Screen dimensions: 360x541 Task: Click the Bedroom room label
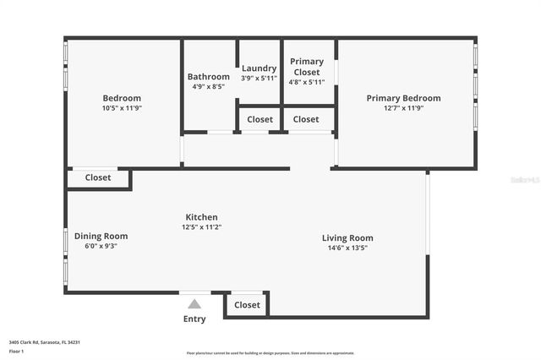(122, 98)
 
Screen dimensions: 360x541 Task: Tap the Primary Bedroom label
(403, 98)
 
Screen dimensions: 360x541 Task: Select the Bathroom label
(208, 77)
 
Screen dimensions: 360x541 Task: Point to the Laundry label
(259, 68)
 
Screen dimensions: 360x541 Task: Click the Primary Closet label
(307, 67)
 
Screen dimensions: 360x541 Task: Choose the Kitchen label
(201, 217)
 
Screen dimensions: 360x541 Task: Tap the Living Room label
(347, 238)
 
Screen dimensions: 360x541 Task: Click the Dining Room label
(101, 236)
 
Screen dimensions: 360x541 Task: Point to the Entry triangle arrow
(194, 304)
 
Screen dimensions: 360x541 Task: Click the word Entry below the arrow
(194, 319)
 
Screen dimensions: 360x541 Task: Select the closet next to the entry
(247, 305)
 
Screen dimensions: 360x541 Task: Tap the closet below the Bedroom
(98, 178)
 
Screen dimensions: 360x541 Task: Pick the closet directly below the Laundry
(260, 120)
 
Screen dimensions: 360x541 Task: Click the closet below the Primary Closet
(306, 120)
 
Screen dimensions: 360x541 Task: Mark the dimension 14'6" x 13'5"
(347, 248)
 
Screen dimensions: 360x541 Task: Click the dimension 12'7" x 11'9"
(403, 108)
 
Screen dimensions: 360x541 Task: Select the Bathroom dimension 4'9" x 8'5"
(208, 86)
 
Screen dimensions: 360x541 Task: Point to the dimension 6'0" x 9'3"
(101, 246)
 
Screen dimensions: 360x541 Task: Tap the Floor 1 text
(16, 351)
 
